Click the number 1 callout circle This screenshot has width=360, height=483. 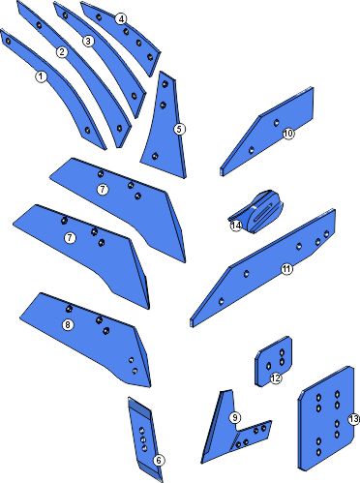point(41,76)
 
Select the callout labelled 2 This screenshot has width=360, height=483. point(62,52)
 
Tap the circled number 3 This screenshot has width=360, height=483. point(88,42)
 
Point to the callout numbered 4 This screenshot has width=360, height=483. point(121,19)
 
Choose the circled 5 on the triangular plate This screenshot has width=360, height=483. point(180,130)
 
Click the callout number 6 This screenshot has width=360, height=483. point(159,461)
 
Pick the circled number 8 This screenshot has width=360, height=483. point(68,324)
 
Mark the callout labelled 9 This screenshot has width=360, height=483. point(235,418)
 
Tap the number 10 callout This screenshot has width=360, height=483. point(288,134)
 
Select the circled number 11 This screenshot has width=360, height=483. point(287,269)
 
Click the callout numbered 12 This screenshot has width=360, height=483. point(276,378)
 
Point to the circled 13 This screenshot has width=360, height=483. point(353,419)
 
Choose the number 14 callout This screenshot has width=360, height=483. point(236,226)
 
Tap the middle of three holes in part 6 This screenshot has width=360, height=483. point(143,439)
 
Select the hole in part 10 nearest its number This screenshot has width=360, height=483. point(277,123)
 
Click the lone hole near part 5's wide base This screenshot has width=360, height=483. point(155,157)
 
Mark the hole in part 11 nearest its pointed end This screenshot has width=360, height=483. point(221,302)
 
